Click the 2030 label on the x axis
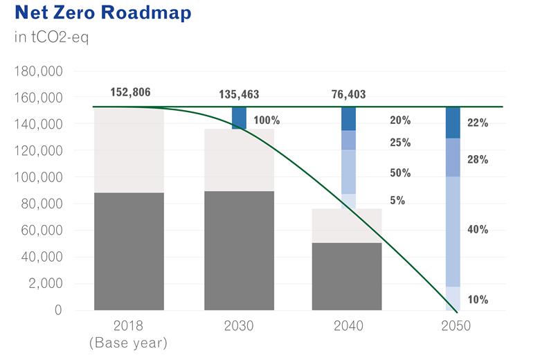pos(239,326)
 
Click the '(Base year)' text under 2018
pos(129,342)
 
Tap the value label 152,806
pos(130,92)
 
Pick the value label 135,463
pos(239,94)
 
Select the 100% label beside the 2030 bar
pos(267,120)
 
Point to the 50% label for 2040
pos(400,173)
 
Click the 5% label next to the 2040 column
pos(397,201)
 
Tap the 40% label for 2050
pos(478,230)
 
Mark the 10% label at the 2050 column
pos(478,300)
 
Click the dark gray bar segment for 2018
pos(129,251)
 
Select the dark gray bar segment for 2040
pos(347,276)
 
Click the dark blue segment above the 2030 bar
pos(239,118)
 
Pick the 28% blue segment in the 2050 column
pos(453,157)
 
